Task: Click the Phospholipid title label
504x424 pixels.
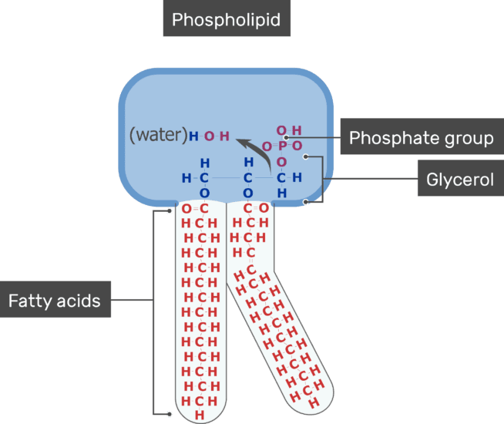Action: [226, 19]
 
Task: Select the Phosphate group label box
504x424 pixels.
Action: [421, 138]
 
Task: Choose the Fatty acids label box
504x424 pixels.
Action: [55, 300]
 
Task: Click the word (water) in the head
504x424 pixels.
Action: [158, 136]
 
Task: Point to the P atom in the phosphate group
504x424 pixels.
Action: [282, 146]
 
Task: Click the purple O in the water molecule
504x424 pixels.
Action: [209, 136]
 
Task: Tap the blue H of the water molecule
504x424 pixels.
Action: [193, 136]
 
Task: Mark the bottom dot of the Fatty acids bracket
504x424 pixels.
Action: [170, 414]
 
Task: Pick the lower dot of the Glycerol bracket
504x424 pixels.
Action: [306, 202]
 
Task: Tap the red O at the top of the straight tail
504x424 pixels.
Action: [186, 208]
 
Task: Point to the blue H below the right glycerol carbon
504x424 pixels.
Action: [282, 193]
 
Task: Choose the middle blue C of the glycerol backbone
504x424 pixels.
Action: [248, 178]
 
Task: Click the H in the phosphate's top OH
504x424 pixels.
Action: [297, 130]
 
